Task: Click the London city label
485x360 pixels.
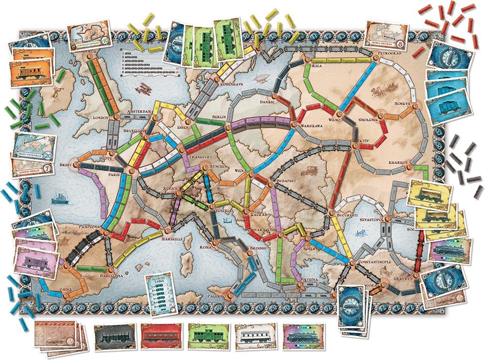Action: [99, 118]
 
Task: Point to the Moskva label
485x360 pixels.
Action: [403, 104]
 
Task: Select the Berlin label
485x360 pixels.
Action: [220, 118]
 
